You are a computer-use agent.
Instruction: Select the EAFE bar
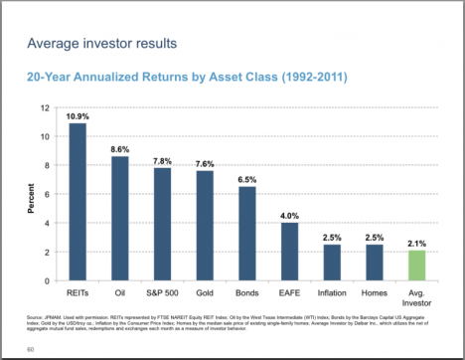pyautogui.click(x=290, y=252)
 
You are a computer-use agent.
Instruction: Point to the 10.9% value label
pyautogui.click(x=77, y=116)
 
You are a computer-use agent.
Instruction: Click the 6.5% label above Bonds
pyautogui.click(x=247, y=180)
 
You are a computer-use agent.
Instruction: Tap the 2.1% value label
pyautogui.click(x=419, y=244)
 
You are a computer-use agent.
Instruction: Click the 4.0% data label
pyautogui.click(x=290, y=216)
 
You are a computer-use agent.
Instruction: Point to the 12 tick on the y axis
pyautogui.click(x=45, y=107)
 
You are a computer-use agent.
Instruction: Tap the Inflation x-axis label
pyautogui.click(x=333, y=295)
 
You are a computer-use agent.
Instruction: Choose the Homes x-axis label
pyautogui.click(x=376, y=295)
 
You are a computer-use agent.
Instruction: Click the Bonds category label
pyautogui.click(x=247, y=295)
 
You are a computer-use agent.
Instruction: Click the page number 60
pyautogui.click(x=31, y=349)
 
